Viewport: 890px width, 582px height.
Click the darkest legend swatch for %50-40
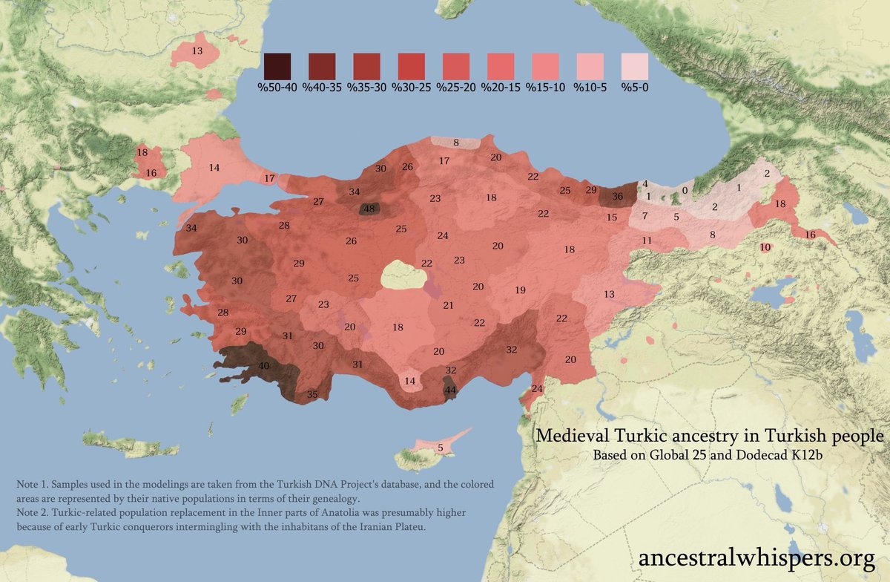(277, 67)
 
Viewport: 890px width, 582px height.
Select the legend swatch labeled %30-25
(411, 67)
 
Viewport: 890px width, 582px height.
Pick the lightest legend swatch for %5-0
(634, 67)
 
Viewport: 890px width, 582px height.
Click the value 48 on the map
(369, 209)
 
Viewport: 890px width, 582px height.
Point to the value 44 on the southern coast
(450, 390)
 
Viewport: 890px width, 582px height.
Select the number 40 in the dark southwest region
(264, 366)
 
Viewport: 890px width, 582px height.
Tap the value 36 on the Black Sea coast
(618, 197)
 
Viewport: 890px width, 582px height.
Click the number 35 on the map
(312, 395)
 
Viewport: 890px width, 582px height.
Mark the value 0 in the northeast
(685, 190)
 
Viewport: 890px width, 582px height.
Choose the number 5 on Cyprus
(440, 448)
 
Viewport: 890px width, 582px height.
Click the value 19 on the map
(520, 290)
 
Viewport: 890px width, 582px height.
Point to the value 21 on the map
(448, 305)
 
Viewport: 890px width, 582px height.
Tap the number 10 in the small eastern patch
(765, 246)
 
